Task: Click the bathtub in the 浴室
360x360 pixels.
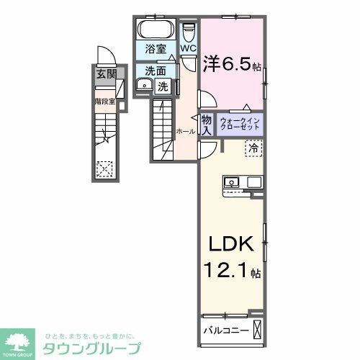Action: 153,31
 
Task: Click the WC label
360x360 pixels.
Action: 188,49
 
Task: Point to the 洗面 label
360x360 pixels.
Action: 154,71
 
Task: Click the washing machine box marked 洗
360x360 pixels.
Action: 163,86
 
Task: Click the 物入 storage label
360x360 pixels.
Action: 206,125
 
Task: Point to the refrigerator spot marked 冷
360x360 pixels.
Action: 254,148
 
